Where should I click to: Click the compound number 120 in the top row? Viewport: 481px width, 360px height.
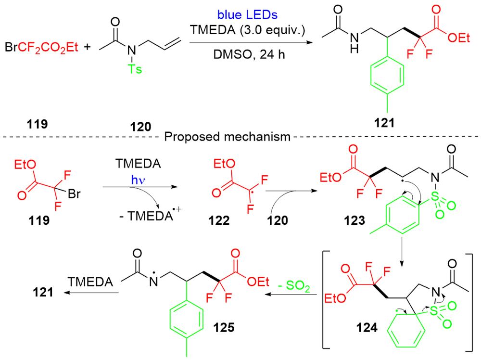coord(142,127)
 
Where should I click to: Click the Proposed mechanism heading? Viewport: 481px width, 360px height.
coord(228,137)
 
